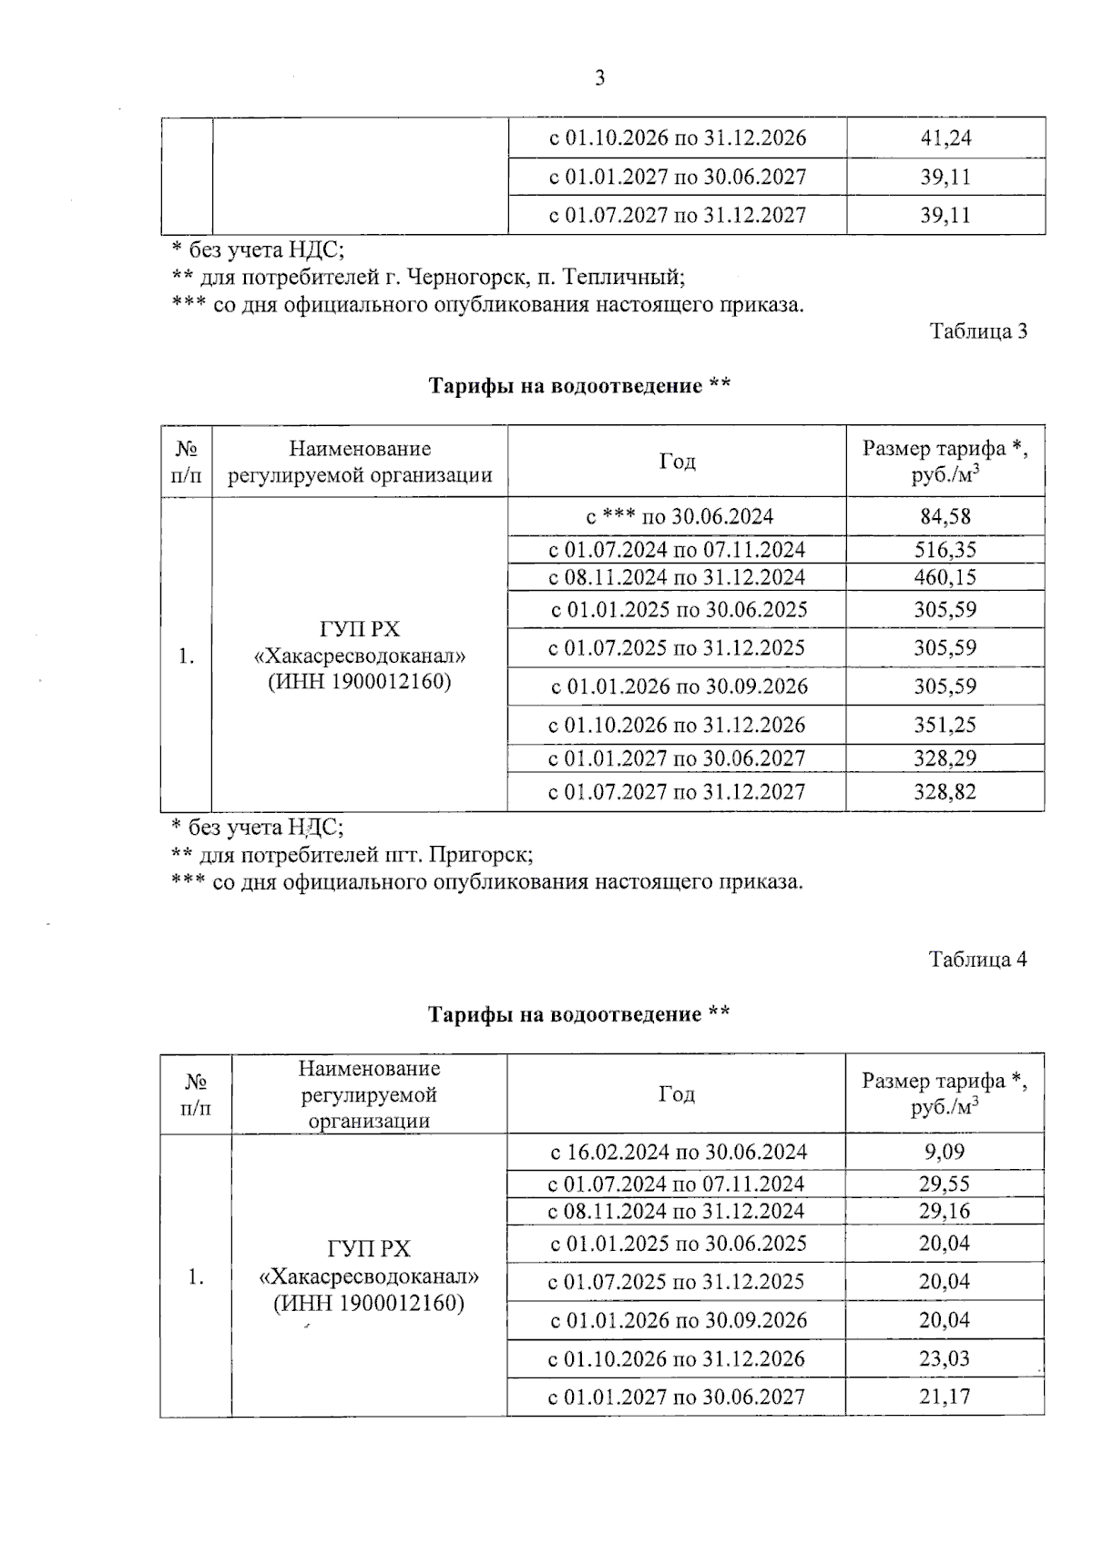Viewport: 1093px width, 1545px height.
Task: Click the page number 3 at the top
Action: (x=599, y=78)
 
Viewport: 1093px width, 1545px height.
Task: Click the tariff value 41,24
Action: (x=945, y=138)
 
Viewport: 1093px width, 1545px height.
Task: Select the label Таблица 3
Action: (x=977, y=331)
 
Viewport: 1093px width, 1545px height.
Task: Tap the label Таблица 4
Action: (x=977, y=960)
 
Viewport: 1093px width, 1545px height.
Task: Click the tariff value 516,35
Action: (x=945, y=550)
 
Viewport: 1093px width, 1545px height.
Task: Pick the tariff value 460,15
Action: (x=945, y=577)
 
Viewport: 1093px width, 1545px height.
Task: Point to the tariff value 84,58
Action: (x=945, y=517)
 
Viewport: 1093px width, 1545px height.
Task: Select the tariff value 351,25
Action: (x=945, y=726)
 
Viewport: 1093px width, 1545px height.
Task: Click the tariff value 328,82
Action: (x=945, y=792)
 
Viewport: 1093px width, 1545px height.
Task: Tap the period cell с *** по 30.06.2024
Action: (x=679, y=517)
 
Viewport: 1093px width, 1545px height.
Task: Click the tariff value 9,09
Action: (x=945, y=1152)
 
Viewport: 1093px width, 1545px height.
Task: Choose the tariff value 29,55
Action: (x=945, y=1184)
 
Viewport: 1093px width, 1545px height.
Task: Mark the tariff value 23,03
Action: (x=945, y=1359)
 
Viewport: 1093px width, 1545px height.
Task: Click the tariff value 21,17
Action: (x=945, y=1397)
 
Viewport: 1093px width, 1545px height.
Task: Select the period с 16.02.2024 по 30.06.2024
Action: (x=679, y=1152)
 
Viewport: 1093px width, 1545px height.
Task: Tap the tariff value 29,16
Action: (x=945, y=1211)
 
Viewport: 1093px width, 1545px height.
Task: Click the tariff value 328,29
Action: (x=945, y=758)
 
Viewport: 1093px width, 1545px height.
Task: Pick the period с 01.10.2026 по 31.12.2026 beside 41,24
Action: (x=678, y=138)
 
